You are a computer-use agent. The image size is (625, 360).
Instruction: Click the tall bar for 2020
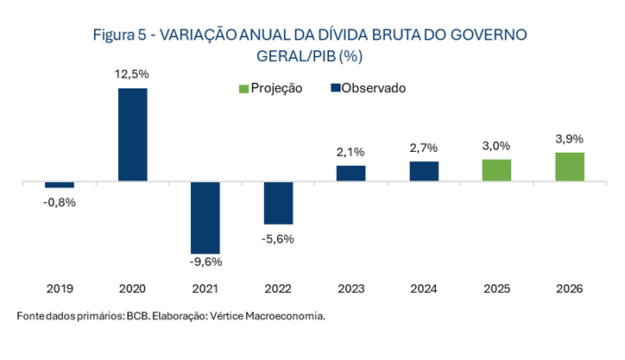click(132, 135)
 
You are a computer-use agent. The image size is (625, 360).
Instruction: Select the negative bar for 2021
click(205, 218)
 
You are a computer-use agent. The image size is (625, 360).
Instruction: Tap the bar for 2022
click(278, 204)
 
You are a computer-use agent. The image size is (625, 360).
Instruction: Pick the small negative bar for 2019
click(60, 185)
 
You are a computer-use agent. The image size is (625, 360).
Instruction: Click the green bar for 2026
click(570, 167)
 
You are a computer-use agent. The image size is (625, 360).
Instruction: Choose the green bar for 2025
click(496, 170)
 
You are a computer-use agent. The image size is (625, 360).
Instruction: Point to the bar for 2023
click(350, 174)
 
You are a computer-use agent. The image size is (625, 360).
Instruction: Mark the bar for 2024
click(424, 172)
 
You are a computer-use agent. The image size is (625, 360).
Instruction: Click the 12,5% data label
click(132, 75)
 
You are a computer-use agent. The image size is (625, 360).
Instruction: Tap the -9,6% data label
click(205, 262)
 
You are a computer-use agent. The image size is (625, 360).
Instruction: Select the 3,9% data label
click(570, 139)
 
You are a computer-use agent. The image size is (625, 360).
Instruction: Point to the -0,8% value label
click(60, 202)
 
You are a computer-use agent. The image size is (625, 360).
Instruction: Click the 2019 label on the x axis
click(60, 288)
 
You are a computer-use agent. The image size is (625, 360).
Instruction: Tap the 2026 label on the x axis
click(570, 288)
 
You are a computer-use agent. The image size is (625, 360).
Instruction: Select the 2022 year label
click(278, 288)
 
